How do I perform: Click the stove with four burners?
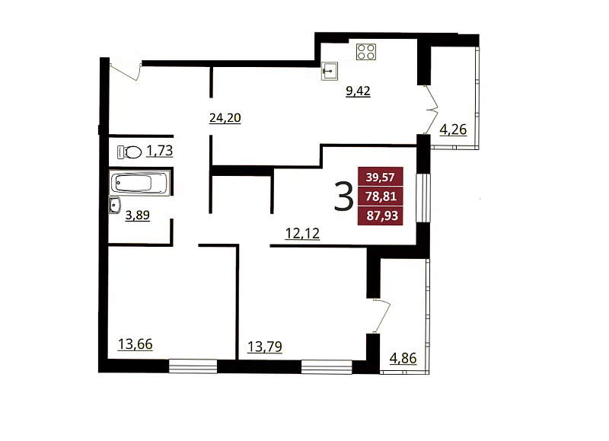(366, 52)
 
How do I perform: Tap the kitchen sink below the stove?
(330, 71)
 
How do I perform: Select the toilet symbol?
(129, 152)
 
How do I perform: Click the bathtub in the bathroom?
(139, 183)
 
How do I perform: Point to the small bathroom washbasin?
(115, 205)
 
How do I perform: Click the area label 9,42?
(358, 91)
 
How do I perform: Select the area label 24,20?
(225, 118)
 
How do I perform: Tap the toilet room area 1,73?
(159, 150)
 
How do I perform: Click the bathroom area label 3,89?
(138, 215)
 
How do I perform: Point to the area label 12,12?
(302, 234)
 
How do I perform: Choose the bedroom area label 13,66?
(136, 344)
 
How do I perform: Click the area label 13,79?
(265, 347)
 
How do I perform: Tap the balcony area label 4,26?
(453, 129)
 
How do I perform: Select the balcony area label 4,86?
(403, 358)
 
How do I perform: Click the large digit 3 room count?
(344, 197)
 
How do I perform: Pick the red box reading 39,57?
(380, 177)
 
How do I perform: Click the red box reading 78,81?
(380, 197)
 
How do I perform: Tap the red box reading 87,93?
(380, 216)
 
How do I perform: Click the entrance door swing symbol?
(126, 71)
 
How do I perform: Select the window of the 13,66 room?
(193, 366)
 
